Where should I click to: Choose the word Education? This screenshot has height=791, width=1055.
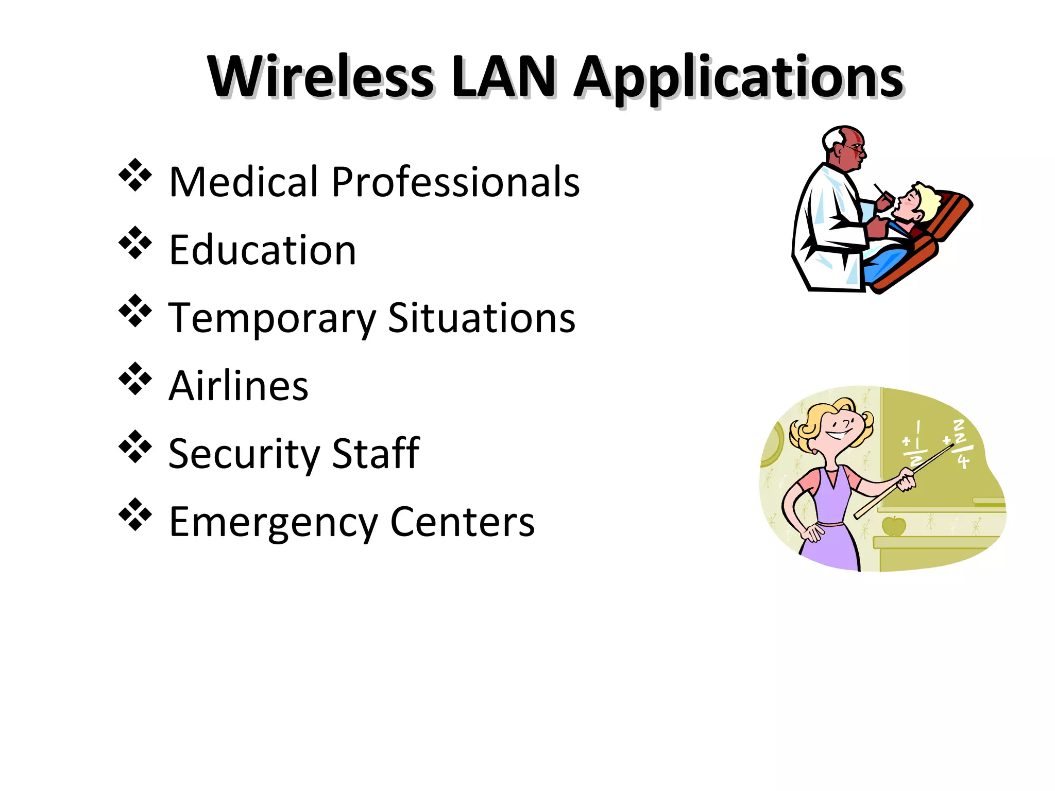pyautogui.click(x=262, y=250)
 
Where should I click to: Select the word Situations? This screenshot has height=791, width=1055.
pyautogui.click(x=481, y=318)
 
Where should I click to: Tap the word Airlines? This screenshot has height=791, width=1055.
pyautogui.click(x=239, y=386)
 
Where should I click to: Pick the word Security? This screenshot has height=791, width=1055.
pyautogui.click(x=244, y=455)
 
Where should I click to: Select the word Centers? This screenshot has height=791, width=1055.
pyautogui.click(x=462, y=522)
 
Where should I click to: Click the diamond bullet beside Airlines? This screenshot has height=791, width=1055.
pyautogui.click(x=135, y=379)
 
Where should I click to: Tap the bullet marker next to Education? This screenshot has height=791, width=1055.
pyautogui.click(x=135, y=243)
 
